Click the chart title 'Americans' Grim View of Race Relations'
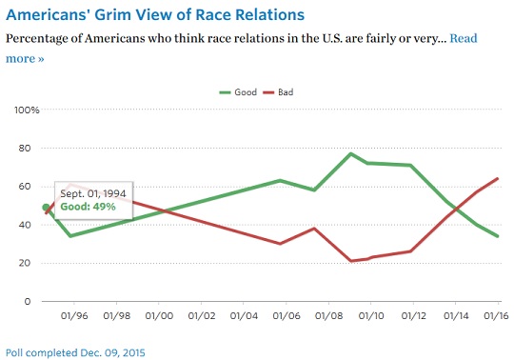click(x=155, y=15)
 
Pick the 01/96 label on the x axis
click(x=74, y=315)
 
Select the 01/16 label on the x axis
click(x=493, y=315)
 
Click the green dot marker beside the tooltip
click(x=46, y=208)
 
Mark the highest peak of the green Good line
click(x=351, y=153)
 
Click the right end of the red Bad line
click(x=498, y=179)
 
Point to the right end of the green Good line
click(x=498, y=236)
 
